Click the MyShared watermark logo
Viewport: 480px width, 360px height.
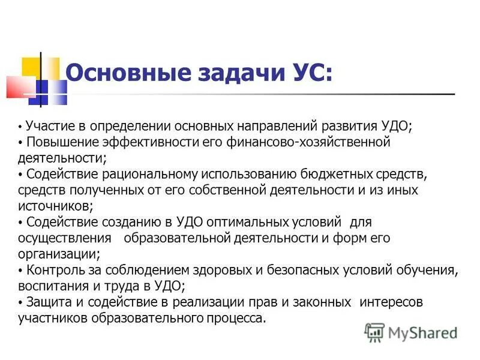[x=411, y=332]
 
